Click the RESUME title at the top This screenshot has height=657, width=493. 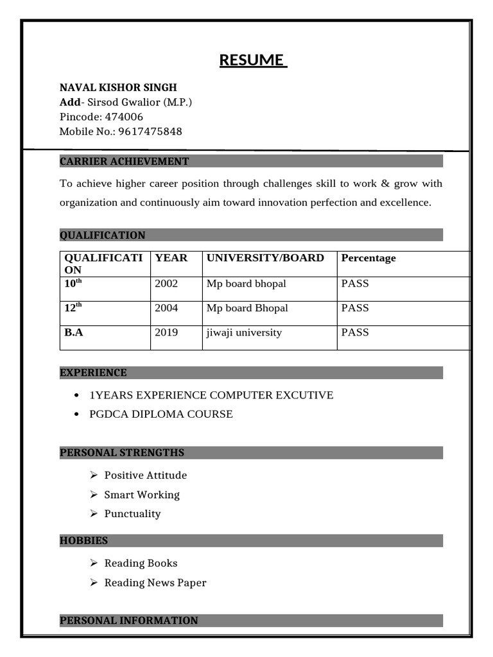(x=253, y=60)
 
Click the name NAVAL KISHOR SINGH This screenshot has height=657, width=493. (x=118, y=87)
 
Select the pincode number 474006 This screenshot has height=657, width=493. (x=123, y=117)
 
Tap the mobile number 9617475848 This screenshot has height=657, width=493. (x=150, y=132)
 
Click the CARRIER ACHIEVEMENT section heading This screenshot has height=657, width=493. (x=124, y=161)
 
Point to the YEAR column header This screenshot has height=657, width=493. (x=171, y=258)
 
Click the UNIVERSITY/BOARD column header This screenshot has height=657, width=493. (x=265, y=258)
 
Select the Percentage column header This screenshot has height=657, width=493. (x=368, y=258)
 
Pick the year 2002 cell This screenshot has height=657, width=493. (x=166, y=284)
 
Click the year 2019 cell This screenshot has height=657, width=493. (x=166, y=332)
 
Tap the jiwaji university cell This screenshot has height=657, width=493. (x=244, y=332)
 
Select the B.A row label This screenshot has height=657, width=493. (x=74, y=332)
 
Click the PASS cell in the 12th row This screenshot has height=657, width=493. (x=355, y=308)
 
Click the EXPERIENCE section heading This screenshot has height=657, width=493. (x=93, y=373)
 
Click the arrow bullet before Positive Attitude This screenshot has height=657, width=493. (x=94, y=475)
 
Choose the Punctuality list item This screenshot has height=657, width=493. (x=132, y=514)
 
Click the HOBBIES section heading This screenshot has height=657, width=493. (x=83, y=540)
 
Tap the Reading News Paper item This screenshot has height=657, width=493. (x=155, y=583)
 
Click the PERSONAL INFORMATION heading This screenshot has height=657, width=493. (x=128, y=620)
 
